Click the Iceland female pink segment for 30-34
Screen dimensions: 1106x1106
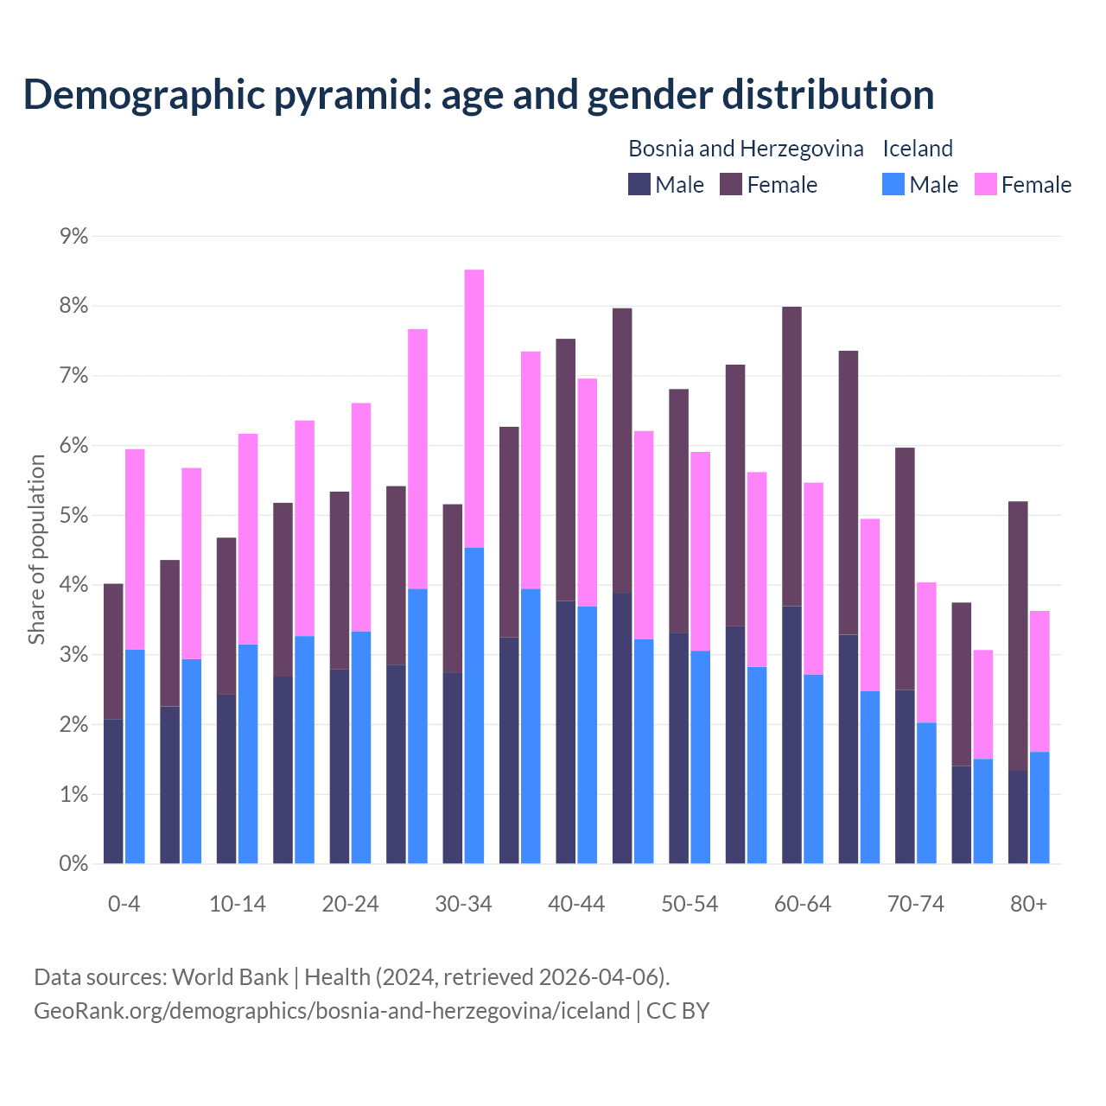[x=474, y=408]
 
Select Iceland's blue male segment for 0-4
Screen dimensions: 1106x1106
[x=135, y=756]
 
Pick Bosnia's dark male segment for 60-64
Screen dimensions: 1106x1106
[x=791, y=734]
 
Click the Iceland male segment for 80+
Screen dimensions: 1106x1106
[x=1039, y=807]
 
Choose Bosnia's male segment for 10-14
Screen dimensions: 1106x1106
[x=226, y=779]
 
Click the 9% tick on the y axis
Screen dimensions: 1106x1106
[x=74, y=237]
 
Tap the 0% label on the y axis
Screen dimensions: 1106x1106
[x=74, y=863]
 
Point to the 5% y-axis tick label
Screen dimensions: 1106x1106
[x=74, y=516]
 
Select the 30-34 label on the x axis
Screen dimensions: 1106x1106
[x=463, y=904]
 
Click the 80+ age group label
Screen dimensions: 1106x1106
[x=1028, y=904]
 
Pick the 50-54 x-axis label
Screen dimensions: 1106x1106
[x=690, y=904]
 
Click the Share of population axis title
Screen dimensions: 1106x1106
[x=37, y=550]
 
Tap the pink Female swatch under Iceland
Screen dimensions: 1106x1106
[x=985, y=184]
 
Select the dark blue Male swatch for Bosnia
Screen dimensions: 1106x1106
[x=639, y=184]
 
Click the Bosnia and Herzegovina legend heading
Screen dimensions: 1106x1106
[x=746, y=149]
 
